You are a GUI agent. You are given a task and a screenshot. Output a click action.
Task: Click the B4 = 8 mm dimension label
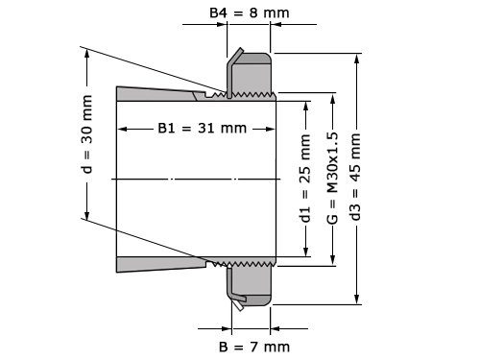(250, 13)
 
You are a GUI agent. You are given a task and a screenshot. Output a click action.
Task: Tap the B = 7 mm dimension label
(254, 347)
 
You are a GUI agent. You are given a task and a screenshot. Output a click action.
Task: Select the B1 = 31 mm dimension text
(203, 129)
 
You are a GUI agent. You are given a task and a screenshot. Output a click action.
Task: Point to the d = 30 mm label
(87, 134)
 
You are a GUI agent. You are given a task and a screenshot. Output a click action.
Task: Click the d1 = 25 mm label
(305, 179)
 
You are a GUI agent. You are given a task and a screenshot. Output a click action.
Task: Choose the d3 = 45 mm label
(355, 177)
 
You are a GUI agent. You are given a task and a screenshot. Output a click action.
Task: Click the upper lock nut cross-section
(252, 74)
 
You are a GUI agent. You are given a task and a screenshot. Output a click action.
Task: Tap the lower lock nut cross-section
(252, 284)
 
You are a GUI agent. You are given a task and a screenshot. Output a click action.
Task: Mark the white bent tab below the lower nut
(237, 305)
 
